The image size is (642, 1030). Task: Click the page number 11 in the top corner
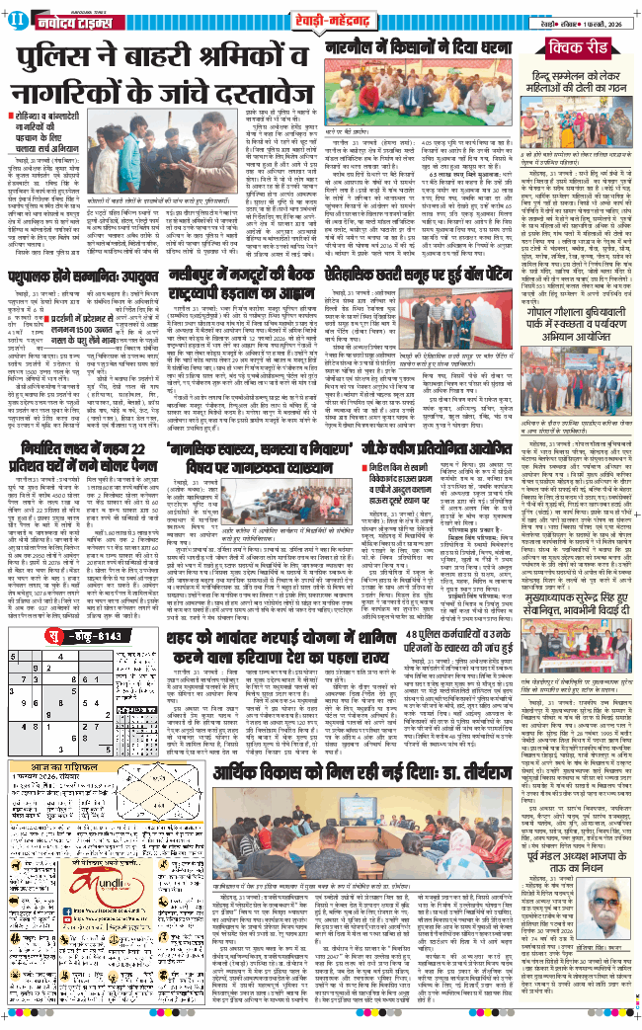[x=11, y=12]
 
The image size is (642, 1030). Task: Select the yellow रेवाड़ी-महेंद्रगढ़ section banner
[x=321, y=12]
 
